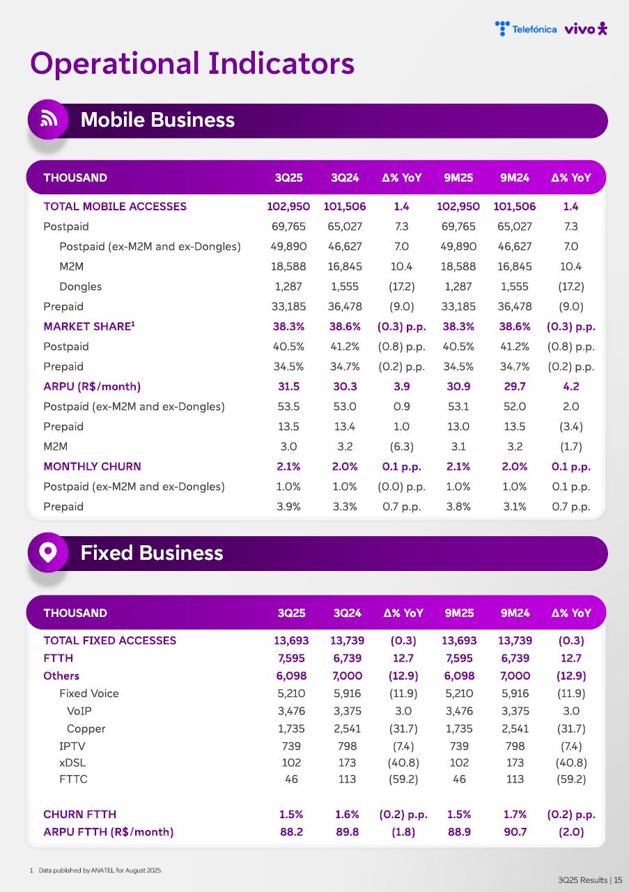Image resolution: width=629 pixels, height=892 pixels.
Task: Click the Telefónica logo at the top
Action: [x=526, y=29]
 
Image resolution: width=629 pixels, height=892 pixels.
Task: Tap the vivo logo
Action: [x=586, y=29]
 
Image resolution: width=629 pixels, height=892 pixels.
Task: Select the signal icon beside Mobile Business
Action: [x=48, y=119]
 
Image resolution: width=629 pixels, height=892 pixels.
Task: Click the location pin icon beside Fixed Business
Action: [x=48, y=553]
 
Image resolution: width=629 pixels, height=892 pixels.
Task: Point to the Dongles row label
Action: [x=80, y=286]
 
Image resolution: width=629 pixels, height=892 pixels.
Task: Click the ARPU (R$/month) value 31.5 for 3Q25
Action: [x=288, y=386]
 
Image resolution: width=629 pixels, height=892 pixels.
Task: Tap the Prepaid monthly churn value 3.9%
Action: [x=288, y=507]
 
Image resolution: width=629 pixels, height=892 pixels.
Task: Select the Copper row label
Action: [x=86, y=729]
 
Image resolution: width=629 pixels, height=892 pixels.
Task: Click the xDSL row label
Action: [x=72, y=762]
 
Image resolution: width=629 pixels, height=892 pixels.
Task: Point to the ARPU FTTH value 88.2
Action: [x=291, y=831]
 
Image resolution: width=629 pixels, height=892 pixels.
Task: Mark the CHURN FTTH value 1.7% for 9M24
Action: [x=515, y=814]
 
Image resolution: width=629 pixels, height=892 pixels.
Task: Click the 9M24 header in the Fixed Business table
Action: [x=515, y=613]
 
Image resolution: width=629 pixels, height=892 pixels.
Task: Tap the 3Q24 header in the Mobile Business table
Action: [x=345, y=178]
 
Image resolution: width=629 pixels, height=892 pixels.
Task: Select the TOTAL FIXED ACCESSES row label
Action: [x=109, y=641]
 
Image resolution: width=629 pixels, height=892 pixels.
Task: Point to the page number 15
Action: [x=618, y=880]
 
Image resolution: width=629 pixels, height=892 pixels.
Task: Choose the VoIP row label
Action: [x=79, y=711]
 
